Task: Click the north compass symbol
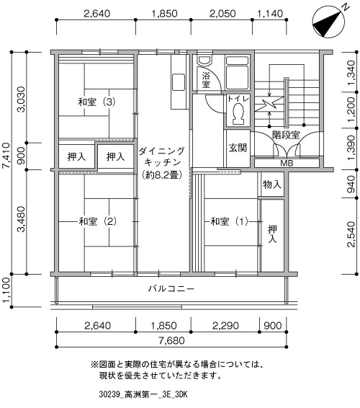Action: [329, 22]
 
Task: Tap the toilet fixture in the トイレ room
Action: [238, 114]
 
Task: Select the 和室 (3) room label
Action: [96, 102]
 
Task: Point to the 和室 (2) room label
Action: [97, 221]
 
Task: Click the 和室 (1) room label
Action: [230, 221]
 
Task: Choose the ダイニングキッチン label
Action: [162, 163]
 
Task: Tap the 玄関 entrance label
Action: [238, 148]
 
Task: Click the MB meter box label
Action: [287, 163]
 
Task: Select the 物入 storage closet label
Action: [272, 185]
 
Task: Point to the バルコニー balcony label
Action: [171, 288]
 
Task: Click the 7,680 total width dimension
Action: [171, 340]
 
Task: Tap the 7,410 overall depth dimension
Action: [6, 155]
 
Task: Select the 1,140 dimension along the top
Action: [270, 13]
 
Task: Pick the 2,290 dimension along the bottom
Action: [225, 326]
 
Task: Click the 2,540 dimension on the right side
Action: [351, 234]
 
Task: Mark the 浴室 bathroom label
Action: [206, 80]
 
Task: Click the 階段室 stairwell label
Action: [286, 135]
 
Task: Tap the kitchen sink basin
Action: [179, 82]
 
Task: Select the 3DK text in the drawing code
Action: [181, 394]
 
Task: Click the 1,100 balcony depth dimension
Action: [6, 290]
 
